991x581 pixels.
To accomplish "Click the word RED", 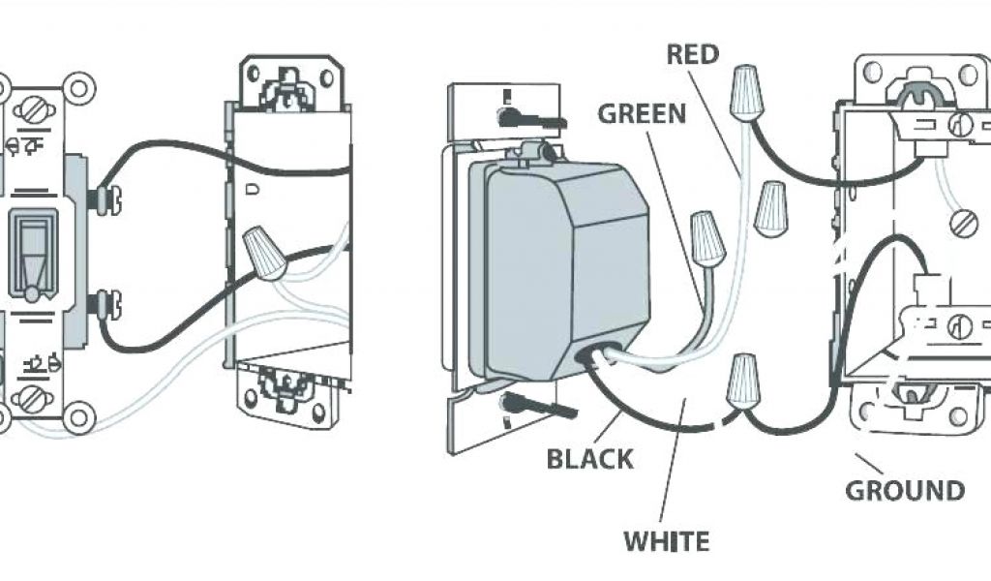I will [x=693, y=54].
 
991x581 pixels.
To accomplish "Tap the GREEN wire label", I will [x=642, y=113].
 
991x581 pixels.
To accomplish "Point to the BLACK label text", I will [x=590, y=458].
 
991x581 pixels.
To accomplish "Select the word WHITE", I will [x=666, y=540].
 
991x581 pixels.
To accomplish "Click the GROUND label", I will [x=905, y=490].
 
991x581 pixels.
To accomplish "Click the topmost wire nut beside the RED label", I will [x=746, y=92].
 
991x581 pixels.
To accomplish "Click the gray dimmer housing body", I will [x=561, y=271].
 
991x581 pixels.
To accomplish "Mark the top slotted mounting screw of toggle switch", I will [x=33, y=109].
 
